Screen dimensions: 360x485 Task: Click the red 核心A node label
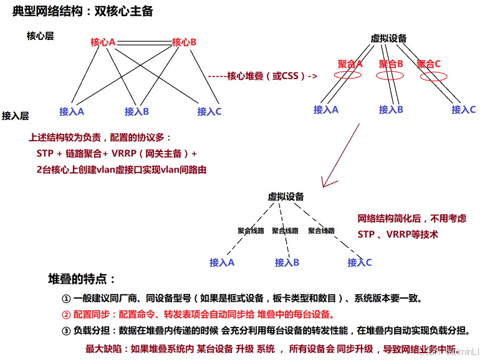click(x=103, y=42)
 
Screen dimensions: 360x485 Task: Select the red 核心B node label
click(x=184, y=42)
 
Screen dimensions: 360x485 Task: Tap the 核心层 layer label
click(x=40, y=36)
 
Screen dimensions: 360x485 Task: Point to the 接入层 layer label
click(x=16, y=115)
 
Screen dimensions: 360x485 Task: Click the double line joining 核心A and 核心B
click(x=143, y=42)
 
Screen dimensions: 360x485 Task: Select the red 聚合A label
click(x=350, y=64)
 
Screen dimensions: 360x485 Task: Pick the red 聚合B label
click(x=391, y=64)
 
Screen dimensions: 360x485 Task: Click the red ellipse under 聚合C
click(x=433, y=77)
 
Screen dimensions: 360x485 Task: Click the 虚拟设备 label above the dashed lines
click(x=286, y=197)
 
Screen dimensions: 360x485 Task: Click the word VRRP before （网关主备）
click(x=123, y=153)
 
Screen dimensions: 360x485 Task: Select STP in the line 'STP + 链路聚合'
click(x=46, y=153)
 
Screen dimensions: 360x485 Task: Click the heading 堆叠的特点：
click(x=82, y=279)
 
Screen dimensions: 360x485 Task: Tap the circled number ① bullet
click(x=66, y=298)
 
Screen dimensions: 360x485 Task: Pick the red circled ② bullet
click(x=66, y=314)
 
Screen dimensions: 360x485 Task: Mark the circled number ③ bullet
click(x=66, y=330)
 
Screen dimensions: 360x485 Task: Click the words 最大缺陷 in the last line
click(x=105, y=348)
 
